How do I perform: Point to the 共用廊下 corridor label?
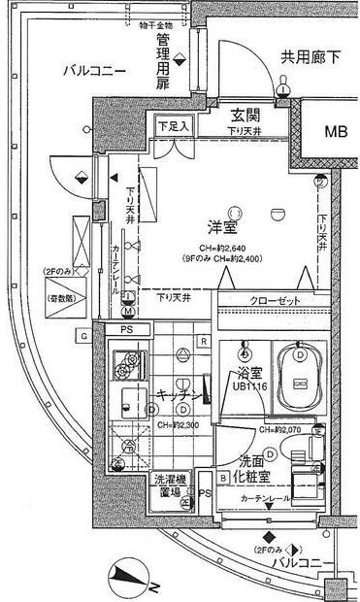tap(311, 57)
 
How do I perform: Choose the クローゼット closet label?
tap(276, 301)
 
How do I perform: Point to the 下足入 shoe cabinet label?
tap(174, 127)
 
